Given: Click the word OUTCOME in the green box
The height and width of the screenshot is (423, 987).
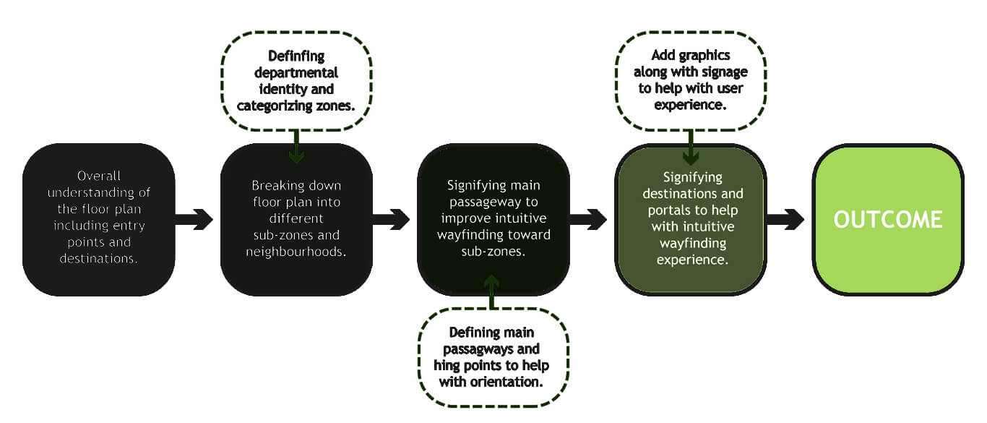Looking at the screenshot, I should [x=888, y=219].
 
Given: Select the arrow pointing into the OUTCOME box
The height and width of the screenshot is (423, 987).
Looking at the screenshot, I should [x=785, y=219].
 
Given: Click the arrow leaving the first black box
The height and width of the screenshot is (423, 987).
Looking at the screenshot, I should [x=194, y=219].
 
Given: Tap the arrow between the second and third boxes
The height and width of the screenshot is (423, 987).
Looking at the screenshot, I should [x=391, y=219].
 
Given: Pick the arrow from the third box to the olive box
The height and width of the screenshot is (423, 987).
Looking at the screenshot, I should [x=587, y=219].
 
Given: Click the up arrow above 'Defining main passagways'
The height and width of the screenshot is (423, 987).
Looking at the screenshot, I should [x=493, y=291].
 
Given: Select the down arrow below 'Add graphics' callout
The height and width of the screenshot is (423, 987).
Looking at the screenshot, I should [x=691, y=148].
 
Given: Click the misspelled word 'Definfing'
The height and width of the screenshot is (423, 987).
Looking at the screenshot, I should [x=296, y=56].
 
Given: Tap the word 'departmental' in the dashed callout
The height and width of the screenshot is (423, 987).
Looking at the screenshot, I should [x=296, y=73].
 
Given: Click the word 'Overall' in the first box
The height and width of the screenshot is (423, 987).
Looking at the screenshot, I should [x=99, y=176].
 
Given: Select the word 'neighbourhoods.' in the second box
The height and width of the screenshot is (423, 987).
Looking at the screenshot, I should [x=296, y=252].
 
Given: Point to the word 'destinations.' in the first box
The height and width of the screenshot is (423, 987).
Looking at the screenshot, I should [x=99, y=258].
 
